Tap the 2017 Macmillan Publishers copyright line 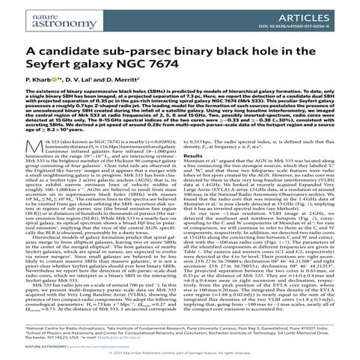coord(180,355)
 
